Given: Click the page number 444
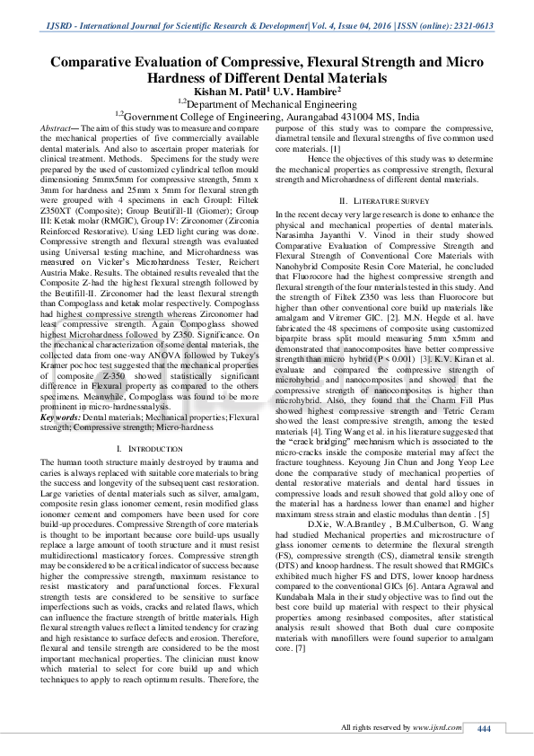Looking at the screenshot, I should (x=485, y=727).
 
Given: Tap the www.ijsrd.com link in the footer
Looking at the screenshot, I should (x=428, y=726).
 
